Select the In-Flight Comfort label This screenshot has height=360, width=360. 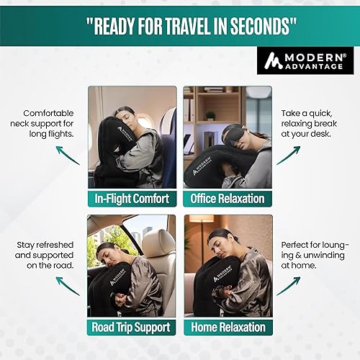point(132,197)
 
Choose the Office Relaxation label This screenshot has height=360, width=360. point(228,197)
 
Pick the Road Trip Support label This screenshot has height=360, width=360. point(132,327)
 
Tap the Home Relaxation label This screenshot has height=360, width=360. point(228,327)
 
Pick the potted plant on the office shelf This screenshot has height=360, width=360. point(210,115)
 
